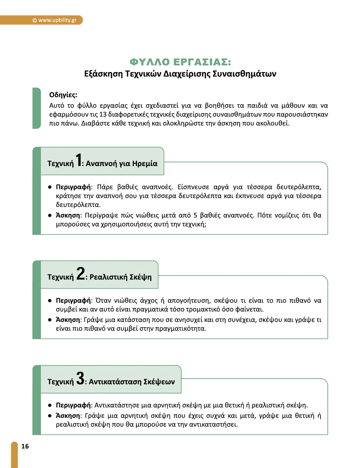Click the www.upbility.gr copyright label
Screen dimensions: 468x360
(55, 20)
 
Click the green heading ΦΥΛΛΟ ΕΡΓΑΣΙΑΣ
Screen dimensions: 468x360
(180, 62)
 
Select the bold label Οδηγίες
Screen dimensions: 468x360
(63, 95)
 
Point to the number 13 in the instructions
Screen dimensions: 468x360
(103, 114)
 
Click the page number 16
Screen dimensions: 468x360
(25, 446)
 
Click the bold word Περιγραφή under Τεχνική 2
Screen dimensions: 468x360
(73, 301)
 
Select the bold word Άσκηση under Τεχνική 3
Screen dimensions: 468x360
(68, 416)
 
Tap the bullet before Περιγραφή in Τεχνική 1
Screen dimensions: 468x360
(50, 187)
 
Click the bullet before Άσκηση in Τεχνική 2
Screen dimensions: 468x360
(50, 320)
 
